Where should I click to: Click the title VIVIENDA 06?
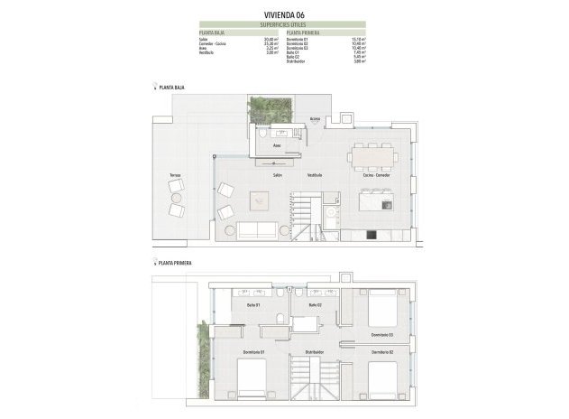point(284,14)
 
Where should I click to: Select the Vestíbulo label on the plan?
point(314,174)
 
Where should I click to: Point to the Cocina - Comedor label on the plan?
point(375,174)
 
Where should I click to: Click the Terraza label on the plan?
point(174,174)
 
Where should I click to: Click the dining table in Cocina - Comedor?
point(373,154)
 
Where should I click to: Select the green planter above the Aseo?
point(270,108)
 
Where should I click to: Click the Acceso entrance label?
point(315,118)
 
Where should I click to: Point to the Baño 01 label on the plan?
point(253,304)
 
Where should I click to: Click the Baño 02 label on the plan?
point(315,304)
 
